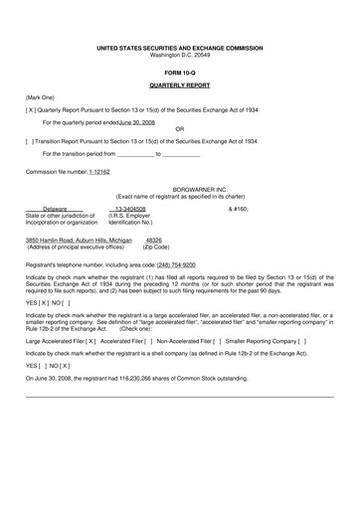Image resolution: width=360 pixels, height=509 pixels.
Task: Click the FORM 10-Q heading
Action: tap(180, 74)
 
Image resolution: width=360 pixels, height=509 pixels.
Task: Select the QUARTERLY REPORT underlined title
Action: tap(180, 86)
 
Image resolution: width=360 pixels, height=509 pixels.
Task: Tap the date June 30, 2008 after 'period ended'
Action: tap(137, 121)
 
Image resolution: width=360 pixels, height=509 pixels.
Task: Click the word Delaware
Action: tap(55, 209)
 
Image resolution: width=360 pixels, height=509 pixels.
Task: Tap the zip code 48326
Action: tap(154, 240)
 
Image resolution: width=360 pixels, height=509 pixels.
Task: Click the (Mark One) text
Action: tap(40, 97)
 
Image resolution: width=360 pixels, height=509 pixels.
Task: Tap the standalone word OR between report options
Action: tap(179, 129)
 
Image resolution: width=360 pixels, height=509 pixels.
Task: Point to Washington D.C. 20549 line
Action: tap(180, 55)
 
